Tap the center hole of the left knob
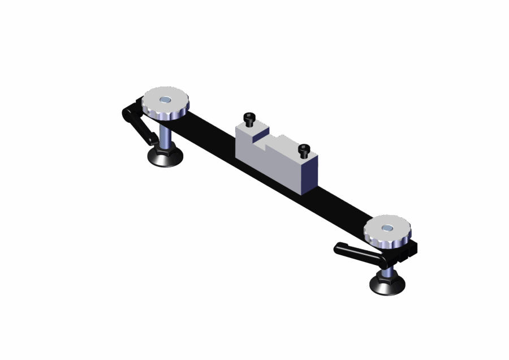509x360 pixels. [165, 100]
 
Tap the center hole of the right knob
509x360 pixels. [387, 228]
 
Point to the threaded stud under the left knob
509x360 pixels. [165, 135]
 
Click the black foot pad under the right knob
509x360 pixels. [387, 286]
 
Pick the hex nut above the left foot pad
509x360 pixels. [165, 151]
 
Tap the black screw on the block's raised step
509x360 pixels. [249, 119]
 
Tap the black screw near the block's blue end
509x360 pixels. [304, 150]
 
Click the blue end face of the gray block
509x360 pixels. [309, 175]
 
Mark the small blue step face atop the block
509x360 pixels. [260, 135]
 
